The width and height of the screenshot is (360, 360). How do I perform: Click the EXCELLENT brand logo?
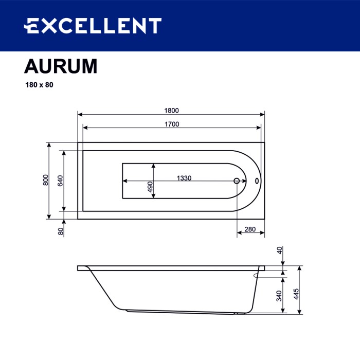tap(93, 25)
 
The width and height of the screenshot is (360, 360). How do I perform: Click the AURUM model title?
tap(61, 67)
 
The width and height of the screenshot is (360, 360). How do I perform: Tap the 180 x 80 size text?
tap(39, 85)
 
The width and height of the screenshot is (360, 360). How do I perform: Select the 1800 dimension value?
tap(171, 111)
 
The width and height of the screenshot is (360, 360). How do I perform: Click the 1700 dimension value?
tap(171, 124)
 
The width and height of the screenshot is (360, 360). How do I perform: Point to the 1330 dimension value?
tap(184, 178)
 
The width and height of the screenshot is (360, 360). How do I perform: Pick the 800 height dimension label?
tap(46, 181)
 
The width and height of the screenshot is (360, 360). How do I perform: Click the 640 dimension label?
tap(60, 181)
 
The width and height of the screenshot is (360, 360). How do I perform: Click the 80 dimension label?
tap(61, 231)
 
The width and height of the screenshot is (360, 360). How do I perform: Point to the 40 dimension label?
tap(279, 250)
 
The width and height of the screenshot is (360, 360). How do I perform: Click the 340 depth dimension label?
tap(279, 296)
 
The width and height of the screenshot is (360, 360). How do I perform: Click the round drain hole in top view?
tap(237, 181)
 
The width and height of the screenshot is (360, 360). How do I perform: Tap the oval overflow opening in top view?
tap(258, 181)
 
